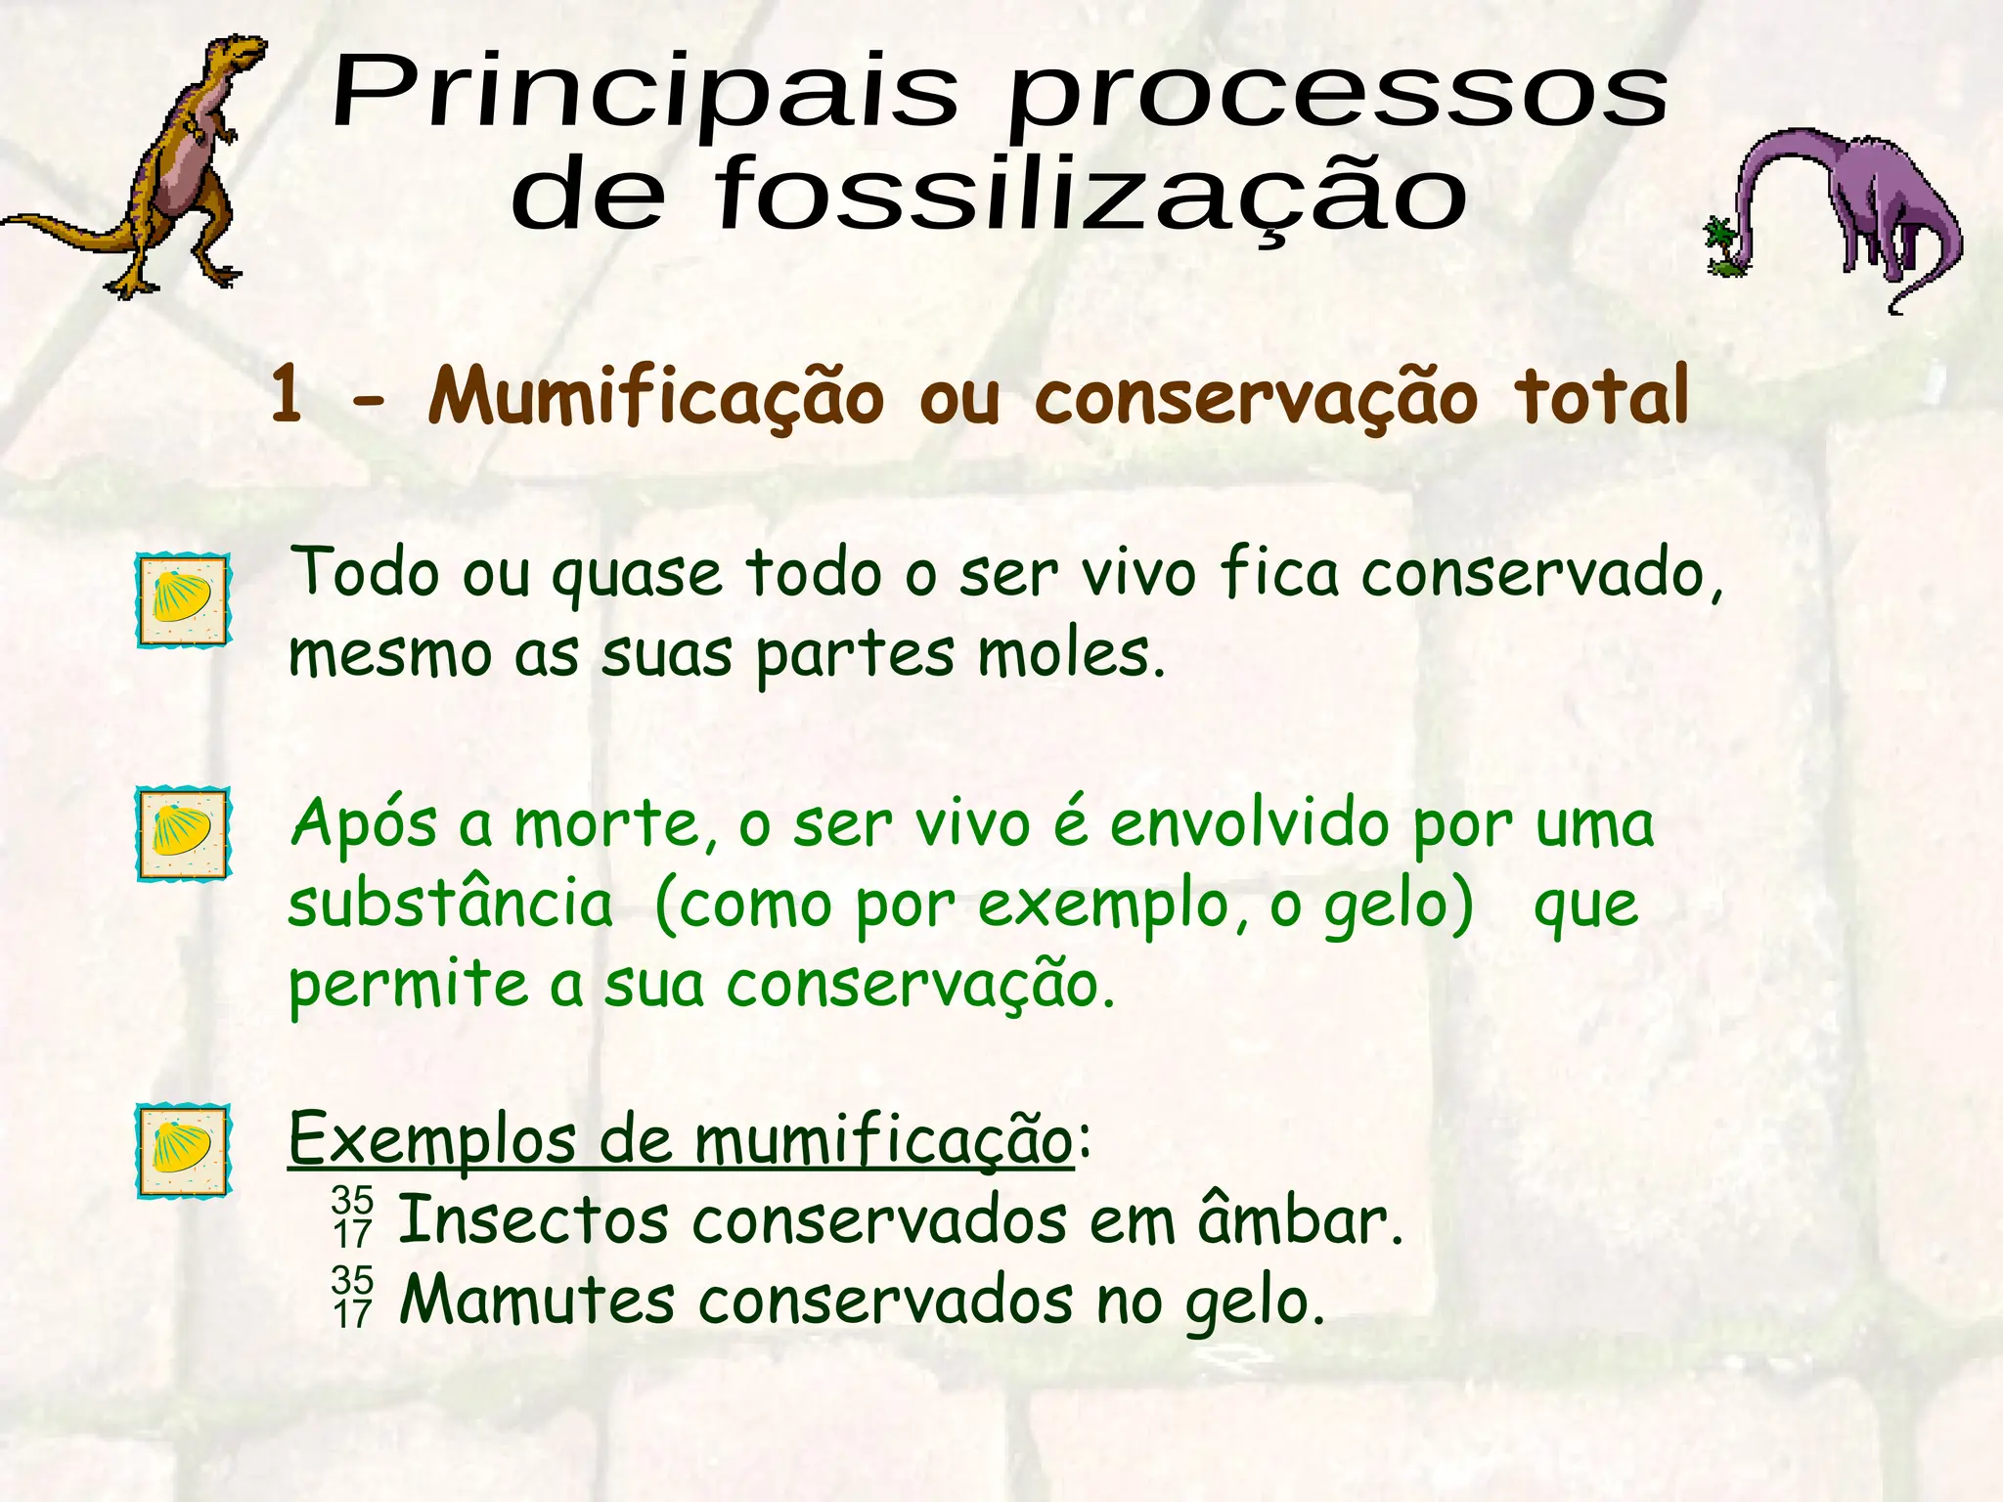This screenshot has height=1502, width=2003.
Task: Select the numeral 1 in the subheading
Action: [x=287, y=396]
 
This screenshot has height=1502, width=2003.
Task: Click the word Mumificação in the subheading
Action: [x=655, y=399]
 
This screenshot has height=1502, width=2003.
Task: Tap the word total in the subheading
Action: [x=1601, y=396]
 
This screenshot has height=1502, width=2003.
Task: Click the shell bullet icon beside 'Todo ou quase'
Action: [x=183, y=599]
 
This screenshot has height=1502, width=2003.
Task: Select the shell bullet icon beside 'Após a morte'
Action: [x=183, y=833]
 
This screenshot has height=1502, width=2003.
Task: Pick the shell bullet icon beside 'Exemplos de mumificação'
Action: [x=183, y=1151]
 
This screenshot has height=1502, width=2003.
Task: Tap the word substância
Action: [x=451, y=905]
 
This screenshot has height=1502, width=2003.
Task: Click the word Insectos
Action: [x=534, y=1221]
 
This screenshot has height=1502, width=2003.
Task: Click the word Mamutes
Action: [x=538, y=1302]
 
